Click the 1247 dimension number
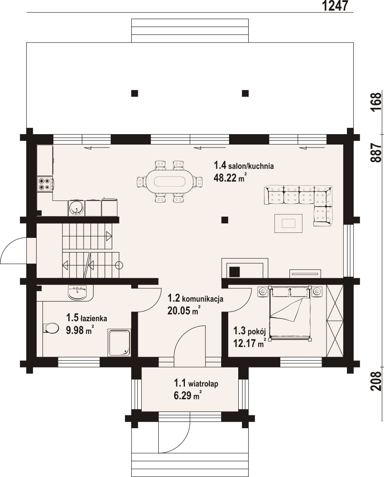[334, 6]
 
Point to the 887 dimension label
[376, 153]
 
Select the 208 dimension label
[376, 381]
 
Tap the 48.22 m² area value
[230, 177]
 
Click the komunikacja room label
[195, 298]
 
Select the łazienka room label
[87, 318]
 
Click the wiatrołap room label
[196, 384]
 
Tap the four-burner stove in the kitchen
[45, 184]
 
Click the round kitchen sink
[76, 208]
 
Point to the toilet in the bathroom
[51, 328]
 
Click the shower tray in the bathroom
[119, 342]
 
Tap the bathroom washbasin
[78, 292]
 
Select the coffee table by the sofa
[288, 223]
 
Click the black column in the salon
[224, 220]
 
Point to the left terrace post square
[135, 93]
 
